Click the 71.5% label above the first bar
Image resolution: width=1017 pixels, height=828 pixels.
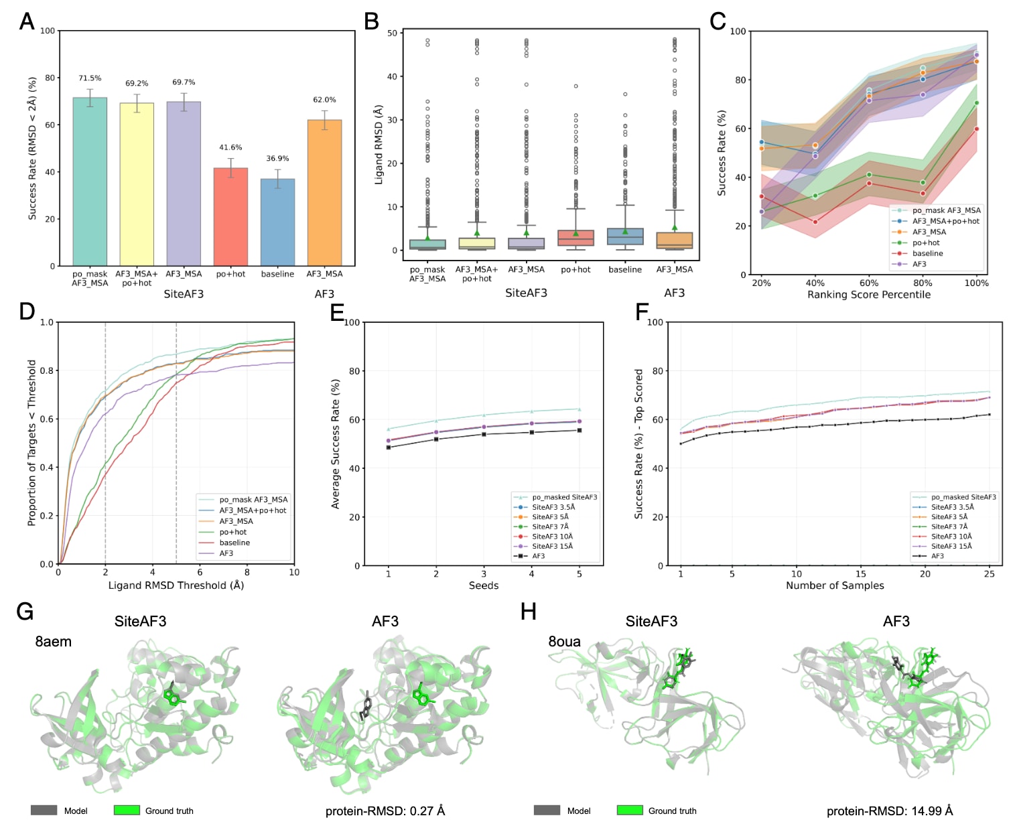[x=90, y=78]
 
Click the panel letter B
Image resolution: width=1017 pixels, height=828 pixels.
[x=371, y=22]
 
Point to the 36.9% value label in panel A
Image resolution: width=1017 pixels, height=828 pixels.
[x=277, y=159]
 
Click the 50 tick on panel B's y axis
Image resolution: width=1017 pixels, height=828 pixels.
[x=392, y=33]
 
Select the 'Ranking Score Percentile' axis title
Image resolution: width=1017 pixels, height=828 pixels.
[x=868, y=295]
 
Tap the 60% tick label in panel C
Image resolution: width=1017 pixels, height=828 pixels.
[x=869, y=283]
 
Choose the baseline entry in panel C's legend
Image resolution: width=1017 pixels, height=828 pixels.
[x=927, y=253]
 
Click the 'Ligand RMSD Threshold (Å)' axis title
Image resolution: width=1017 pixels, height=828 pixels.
[x=176, y=585]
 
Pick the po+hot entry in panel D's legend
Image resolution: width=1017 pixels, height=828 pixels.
[x=232, y=532]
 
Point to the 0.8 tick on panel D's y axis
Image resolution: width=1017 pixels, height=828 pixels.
[x=47, y=370]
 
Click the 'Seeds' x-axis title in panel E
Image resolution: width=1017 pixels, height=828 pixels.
[x=484, y=585]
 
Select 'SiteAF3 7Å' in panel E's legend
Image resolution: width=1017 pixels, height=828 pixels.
[x=550, y=527]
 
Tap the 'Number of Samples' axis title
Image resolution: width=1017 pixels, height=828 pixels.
[x=835, y=585]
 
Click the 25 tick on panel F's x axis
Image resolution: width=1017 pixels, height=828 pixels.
[x=990, y=573]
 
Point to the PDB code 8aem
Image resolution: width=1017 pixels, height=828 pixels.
[x=54, y=642]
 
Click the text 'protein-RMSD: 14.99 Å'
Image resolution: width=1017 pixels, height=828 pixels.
[x=890, y=811]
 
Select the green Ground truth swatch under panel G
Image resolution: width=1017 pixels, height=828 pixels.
[x=127, y=811]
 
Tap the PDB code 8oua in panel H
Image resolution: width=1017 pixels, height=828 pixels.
[x=565, y=642]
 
